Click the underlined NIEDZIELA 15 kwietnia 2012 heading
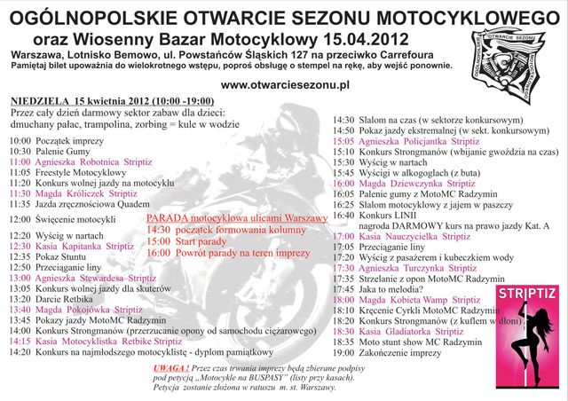click(x=101, y=100)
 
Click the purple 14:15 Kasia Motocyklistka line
click(x=95, y=341)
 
